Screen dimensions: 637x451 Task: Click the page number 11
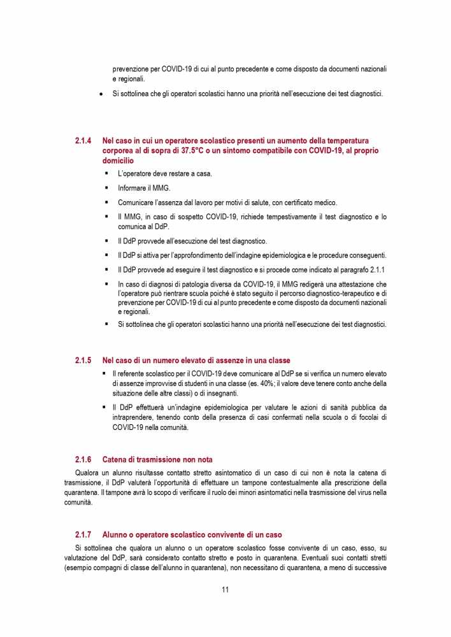[226, 589]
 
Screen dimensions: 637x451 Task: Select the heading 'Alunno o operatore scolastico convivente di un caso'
[192, 534]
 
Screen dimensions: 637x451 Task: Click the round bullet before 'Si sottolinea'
[101, 94]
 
